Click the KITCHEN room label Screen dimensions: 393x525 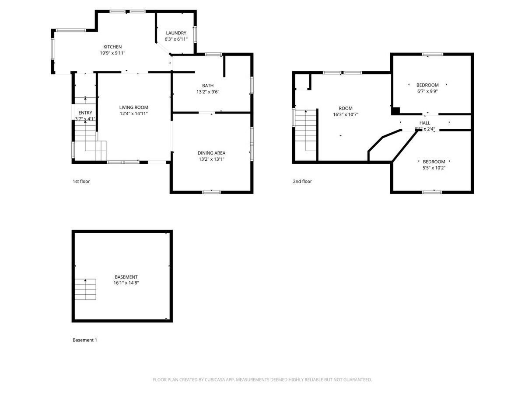coord(112,47)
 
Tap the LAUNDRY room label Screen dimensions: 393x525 coord(176,33)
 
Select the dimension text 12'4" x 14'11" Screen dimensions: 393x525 coord(134,114)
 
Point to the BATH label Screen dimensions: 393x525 coord(208,86)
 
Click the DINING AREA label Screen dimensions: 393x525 coord(211,153)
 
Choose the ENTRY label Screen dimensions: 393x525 coord(85,113)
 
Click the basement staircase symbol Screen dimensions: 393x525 coord(85,289)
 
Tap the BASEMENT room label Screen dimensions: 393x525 coord(126,277)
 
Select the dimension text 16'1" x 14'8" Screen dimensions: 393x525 coord(126,283)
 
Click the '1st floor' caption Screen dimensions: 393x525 coord(81,181)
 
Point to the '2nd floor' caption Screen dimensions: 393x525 coord(302,181)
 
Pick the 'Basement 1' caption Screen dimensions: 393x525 coord(84,340)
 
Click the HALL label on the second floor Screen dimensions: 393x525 coord(424,123)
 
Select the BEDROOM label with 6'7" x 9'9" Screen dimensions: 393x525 coord(427,85)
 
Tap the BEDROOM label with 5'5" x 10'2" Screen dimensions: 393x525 coord(434,162)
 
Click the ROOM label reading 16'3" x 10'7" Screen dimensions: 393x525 coord(345,108)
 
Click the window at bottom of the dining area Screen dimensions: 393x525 coord(211,192)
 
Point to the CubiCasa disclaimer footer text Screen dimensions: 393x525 coord(262,380)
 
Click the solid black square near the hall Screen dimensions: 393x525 coord(395,110)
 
